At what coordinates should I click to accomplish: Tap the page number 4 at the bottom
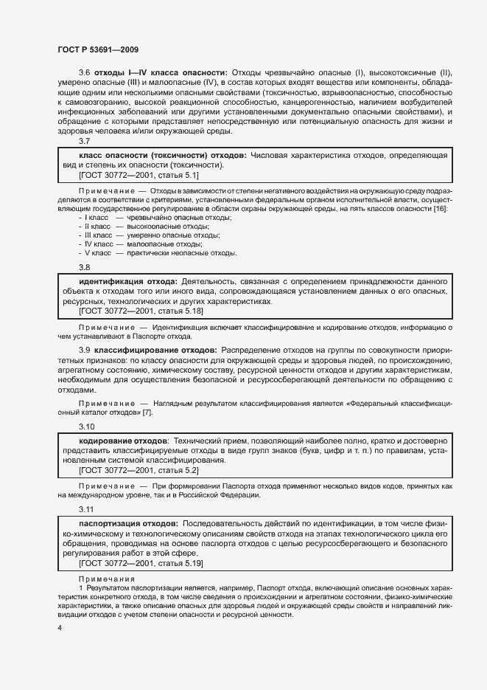point(59,628)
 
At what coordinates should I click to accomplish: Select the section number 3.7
point(84,141)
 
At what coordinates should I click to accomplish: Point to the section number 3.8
point(84,267)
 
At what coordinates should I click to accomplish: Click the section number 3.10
point(86,427)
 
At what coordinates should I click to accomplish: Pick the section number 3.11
point(86,509)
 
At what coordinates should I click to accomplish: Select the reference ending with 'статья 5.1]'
point(139,176)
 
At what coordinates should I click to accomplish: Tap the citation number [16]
point(439,209)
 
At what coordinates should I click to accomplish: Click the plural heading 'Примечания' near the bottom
point(105,579)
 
